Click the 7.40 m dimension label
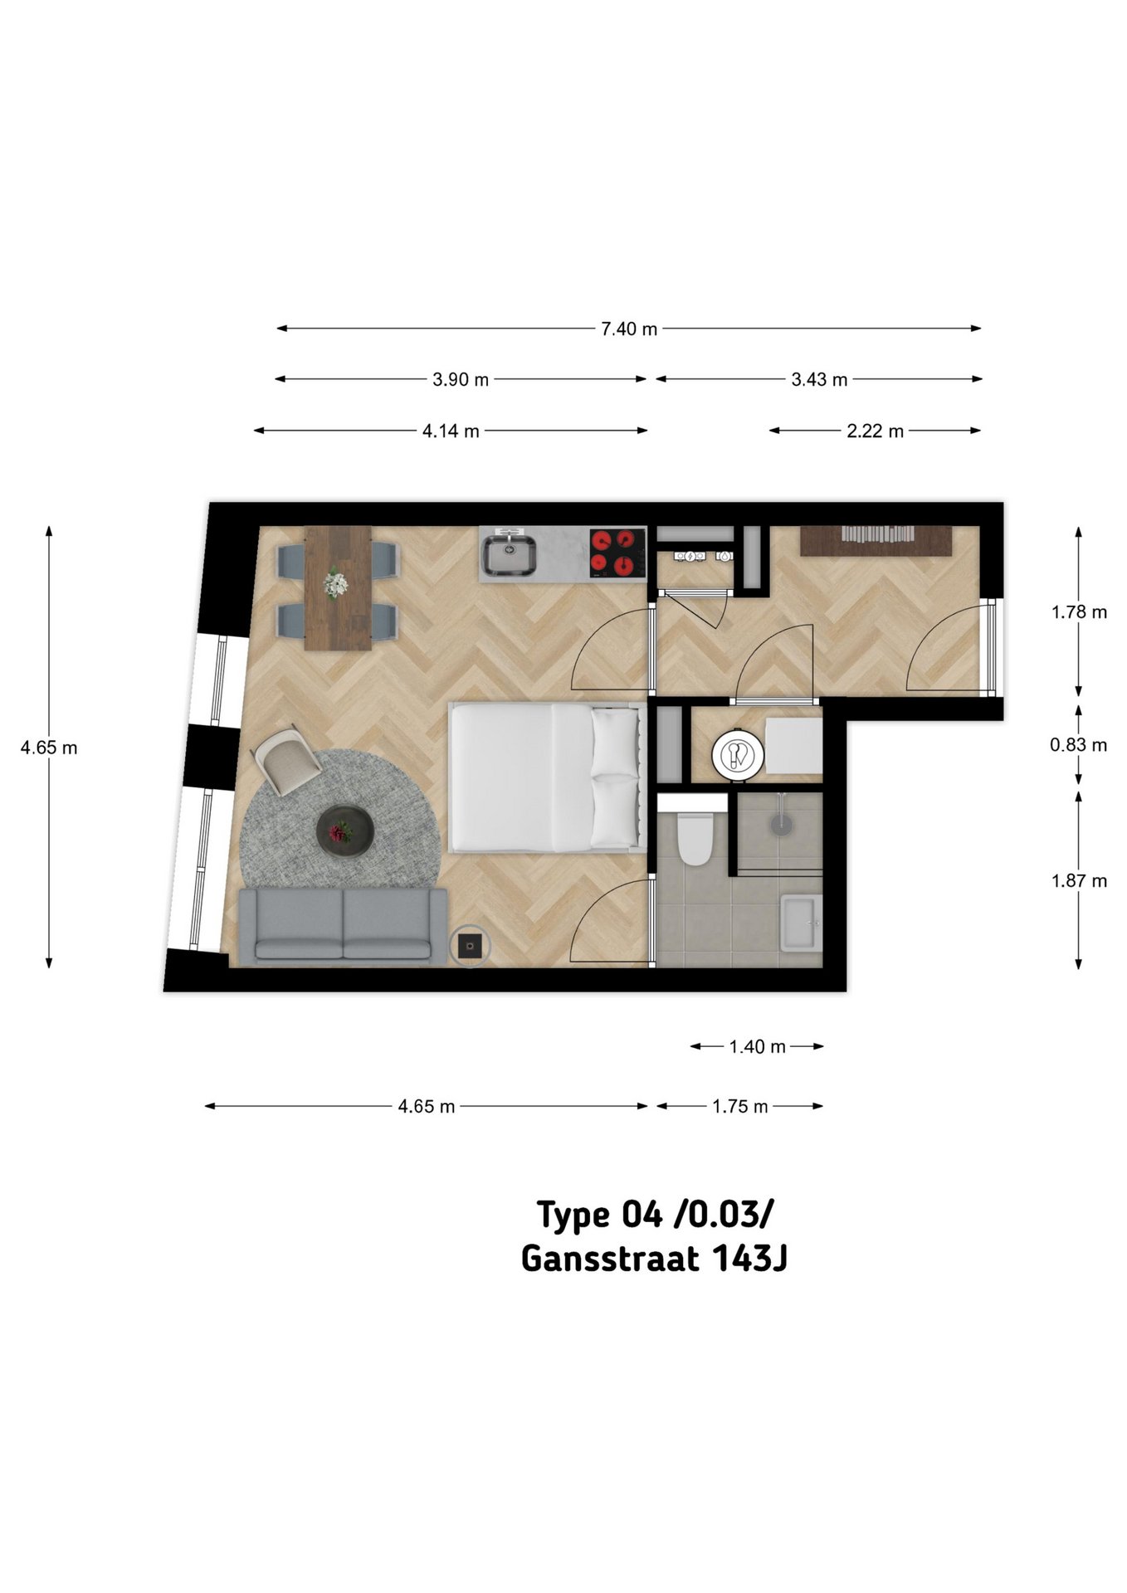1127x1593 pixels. tap(629, 329)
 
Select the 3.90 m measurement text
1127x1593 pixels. tap(461, 380)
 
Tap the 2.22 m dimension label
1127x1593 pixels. tap(875, 431)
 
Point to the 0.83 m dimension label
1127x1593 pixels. tap(1078, 745)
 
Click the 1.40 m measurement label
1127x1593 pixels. tap(757, 1047)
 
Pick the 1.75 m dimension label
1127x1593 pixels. tap(739, 1107)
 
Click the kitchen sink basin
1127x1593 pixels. tap(510, 553)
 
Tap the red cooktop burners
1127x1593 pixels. tap(617, 553)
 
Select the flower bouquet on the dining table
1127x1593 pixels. tap(336, 582)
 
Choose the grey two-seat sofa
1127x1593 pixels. tap(343, 927)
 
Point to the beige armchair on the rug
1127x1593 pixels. tap(285, 759)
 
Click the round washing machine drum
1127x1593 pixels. tap(737, 754)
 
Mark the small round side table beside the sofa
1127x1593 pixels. tap(470, 945)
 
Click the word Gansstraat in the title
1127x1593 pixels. tap(609, 1259)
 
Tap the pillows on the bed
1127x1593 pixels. tap(615, 778)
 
